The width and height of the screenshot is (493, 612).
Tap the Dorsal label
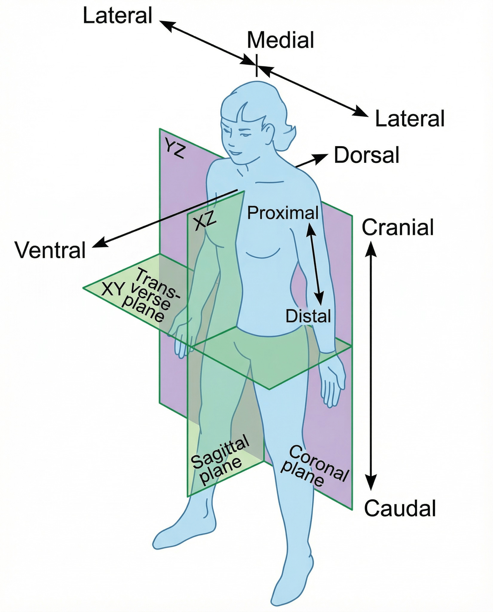click(366, 155)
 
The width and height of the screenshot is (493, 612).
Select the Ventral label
click(51, 250)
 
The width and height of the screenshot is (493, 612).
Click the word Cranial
click(398, 228)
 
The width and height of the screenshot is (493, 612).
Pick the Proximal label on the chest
click(283, 213)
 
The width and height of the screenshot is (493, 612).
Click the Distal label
click(308, 316)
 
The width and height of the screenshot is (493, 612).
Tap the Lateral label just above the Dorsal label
click(410, 119)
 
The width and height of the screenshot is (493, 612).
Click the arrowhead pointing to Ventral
click(97, 244)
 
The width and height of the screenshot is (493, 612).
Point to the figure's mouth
click(236, 153)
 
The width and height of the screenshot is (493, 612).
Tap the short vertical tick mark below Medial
click(256, 65)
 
